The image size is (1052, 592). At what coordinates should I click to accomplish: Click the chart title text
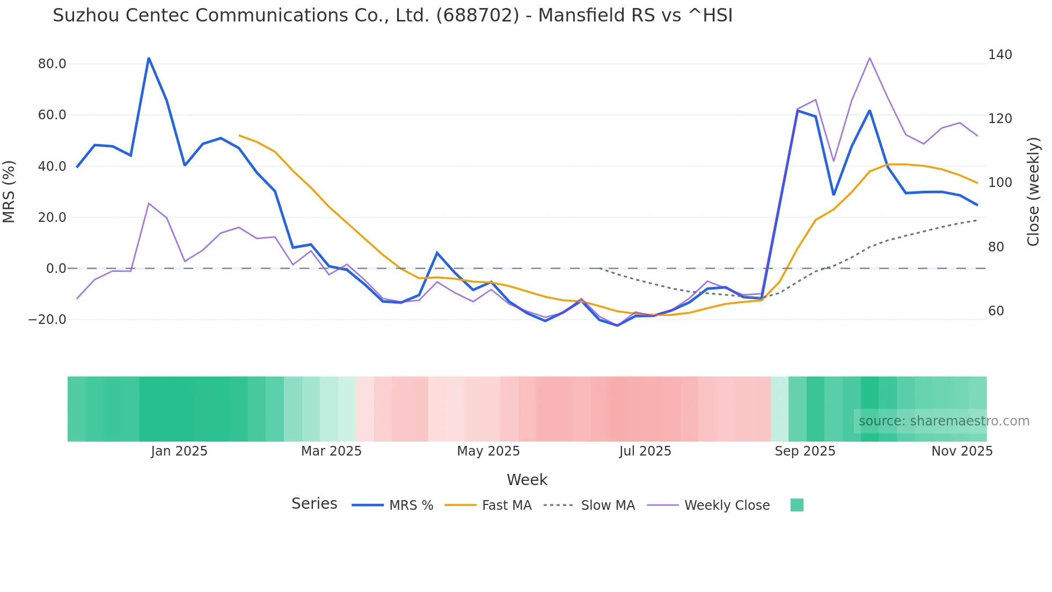pos(392,16)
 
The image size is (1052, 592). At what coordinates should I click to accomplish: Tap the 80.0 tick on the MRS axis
pos(52,64)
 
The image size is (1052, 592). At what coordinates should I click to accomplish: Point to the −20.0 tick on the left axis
pos(47,320)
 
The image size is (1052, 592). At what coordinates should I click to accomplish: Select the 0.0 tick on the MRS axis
pos(56,269)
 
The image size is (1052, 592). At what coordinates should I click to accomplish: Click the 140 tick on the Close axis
pos(1000,55)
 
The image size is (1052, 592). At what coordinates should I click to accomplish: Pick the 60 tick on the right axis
pos(996,311)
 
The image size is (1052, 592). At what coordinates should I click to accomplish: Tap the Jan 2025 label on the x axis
pos(179,451)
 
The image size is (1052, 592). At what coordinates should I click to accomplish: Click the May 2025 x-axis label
pos(488,451)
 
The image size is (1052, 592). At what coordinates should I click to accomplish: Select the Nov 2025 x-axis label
pos(962,451)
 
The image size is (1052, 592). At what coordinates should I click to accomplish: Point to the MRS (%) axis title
pos(9,191)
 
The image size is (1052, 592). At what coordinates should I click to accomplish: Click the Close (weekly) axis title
pos(1033,191)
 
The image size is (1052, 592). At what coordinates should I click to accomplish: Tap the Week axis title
pos(527,480)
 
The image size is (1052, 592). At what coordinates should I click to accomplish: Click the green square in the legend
pos(797,505)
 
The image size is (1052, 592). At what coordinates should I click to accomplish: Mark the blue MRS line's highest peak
pos(149,58)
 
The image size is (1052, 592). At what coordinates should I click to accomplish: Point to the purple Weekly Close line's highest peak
pos(870,58)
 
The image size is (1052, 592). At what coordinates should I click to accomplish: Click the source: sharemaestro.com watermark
pos(944,421)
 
